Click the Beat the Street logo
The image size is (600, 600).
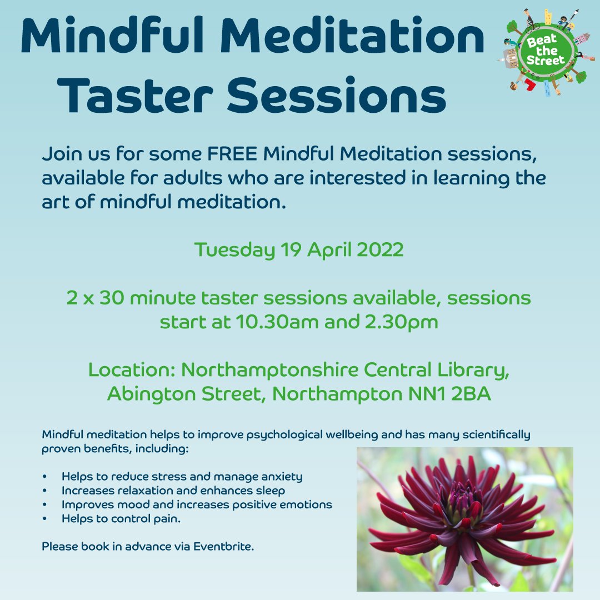(545, 52)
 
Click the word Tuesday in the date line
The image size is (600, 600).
(234, 250)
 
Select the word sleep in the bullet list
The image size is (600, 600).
(271, 491)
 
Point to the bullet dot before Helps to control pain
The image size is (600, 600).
(44, 519)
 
